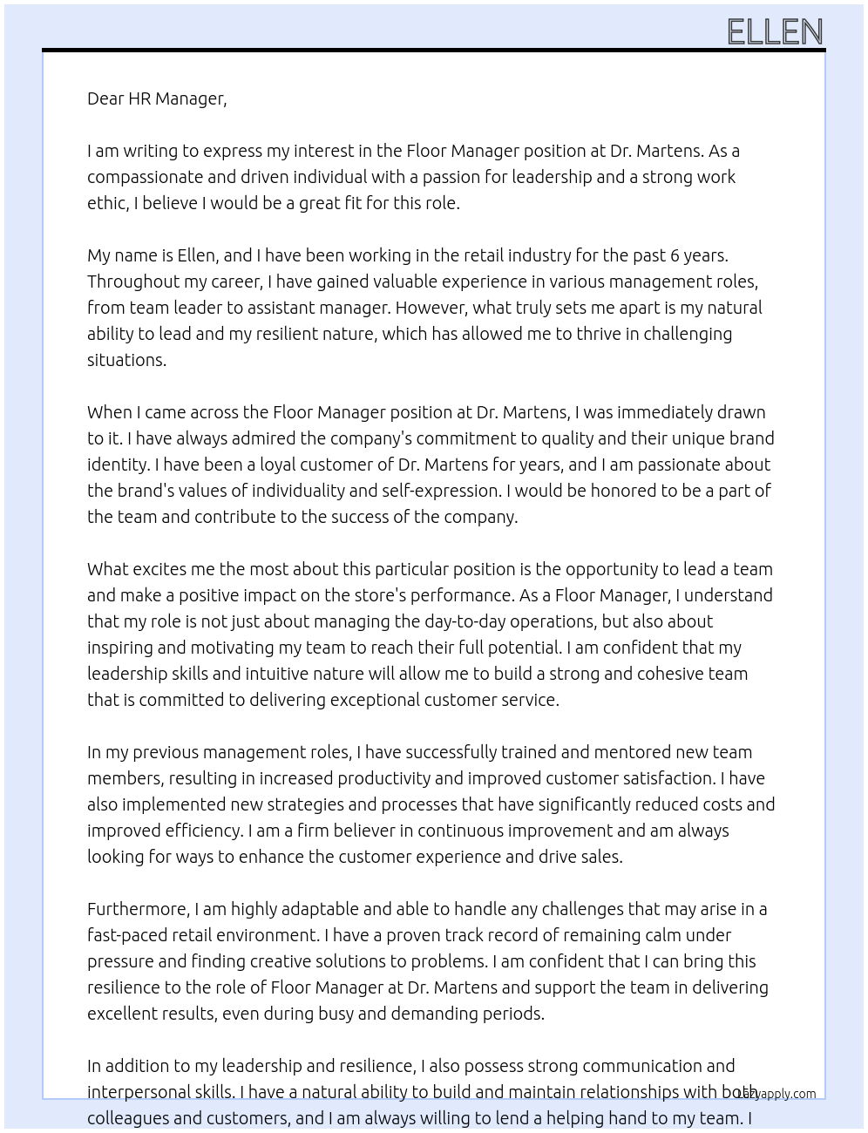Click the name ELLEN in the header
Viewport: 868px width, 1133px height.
click(775, 32)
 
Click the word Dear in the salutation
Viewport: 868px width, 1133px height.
click(105, 98)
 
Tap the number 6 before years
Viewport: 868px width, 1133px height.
click(675, 255)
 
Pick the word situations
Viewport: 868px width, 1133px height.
click(126, 360)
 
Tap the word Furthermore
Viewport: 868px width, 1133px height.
click(138, 909)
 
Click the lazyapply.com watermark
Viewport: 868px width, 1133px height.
click(776, 1094)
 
